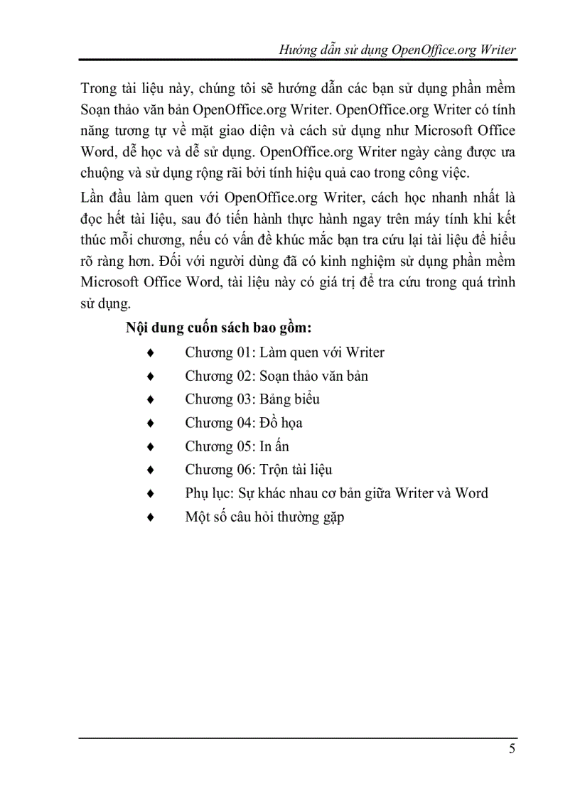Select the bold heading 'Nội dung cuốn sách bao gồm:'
(x=219, y=328)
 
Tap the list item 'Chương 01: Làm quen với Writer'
(x=284, y=352)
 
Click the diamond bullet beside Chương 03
(x=149, y=399)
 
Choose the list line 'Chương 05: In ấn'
(x=237, y=446)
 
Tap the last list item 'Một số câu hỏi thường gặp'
(x=264, y=517)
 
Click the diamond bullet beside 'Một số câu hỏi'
(x=149, y=517)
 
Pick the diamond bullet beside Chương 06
(x=149, y=470)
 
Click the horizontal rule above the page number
(x=298, y=737)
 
